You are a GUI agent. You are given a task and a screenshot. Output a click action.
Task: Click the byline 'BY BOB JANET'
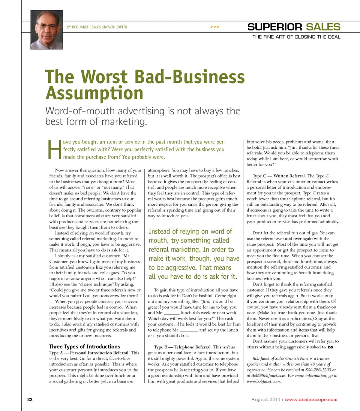[x=78, y=27]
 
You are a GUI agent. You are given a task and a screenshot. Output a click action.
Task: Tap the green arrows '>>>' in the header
[x=215, y=27]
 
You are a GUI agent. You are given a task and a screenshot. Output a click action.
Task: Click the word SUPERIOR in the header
[x=274, y=27]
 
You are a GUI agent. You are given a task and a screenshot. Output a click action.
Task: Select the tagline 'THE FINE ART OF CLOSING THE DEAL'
[x=296, y=37]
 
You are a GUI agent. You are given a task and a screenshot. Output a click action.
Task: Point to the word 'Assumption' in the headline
[x=94, y=93]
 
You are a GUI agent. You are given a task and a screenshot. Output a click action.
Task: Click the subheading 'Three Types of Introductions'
[x=85, y=347]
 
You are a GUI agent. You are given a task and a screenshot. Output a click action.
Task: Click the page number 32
[x=30, y=399]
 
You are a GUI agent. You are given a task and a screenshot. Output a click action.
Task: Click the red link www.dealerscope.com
[x=311, y=399]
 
